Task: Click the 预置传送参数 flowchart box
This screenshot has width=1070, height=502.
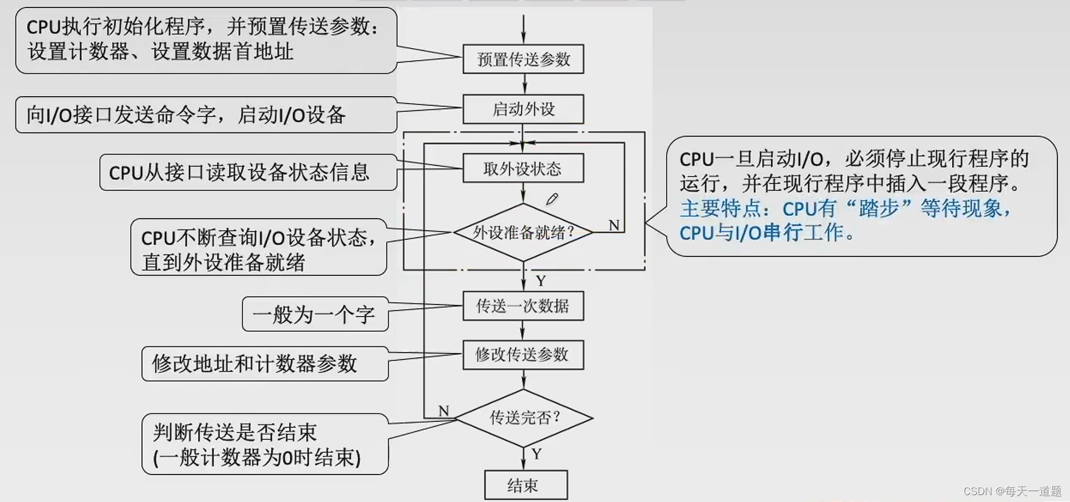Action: [x=523, y=59]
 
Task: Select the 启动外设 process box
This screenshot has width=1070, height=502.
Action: [x=523, y=109]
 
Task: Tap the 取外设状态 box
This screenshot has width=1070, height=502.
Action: [x=523, y=168]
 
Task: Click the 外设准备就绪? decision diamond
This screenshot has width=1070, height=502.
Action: [x=523, y=232]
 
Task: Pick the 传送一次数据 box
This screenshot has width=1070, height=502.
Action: [x=523, y=306]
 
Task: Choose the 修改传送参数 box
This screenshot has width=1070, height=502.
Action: [x=523, y=355]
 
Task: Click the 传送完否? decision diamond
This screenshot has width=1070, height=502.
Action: [x=523, y=418]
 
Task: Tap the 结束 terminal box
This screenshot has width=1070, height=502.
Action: [x=526, y=485]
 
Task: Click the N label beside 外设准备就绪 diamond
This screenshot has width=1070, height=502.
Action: [x=614, y=226]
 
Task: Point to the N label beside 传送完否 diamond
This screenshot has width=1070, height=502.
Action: [x=444, y=410]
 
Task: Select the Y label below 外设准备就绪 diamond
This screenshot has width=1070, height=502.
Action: [x=541, y=280]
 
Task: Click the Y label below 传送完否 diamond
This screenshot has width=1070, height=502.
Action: [x=536, y=454]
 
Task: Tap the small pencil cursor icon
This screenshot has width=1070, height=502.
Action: [x=551, y=199]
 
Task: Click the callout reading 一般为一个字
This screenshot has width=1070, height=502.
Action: [x=314, y=314]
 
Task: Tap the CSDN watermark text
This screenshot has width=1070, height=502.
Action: [x=1012, y=491]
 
